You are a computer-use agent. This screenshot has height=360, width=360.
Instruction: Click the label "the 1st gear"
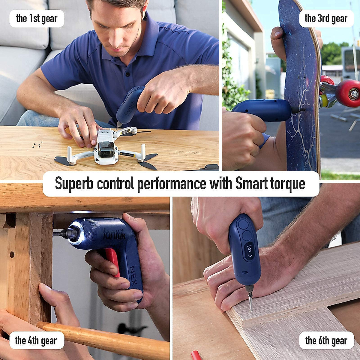[x=37, y=19]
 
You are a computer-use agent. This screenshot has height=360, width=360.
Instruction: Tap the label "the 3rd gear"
[x=326, y=19]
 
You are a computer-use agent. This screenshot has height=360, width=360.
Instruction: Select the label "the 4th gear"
[x=36, y=340]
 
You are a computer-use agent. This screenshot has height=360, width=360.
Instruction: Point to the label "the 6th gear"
[x=326, y=340]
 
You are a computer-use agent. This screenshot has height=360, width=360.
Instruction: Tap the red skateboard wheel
[x=348, y=93]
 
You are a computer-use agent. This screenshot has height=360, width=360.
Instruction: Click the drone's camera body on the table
[x=106, y=149]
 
